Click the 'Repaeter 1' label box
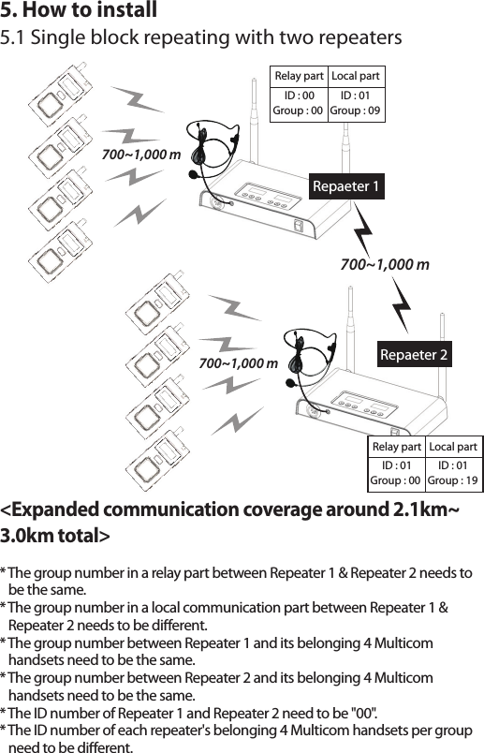click(x=346, y=186)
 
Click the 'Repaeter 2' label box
click(x=414, y=354)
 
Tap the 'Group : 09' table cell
click(x=356, y=111)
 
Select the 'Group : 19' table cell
click(x=453, y=481)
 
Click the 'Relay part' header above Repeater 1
click(x=298, y=76)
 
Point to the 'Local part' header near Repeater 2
click(x=453, y=447)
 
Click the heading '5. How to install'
click(x=79, y=12)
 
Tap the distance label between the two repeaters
click(x=385, y=265)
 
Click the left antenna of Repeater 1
click(x=254, y=131)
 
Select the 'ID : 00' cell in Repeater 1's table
click(x=299, y=95)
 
